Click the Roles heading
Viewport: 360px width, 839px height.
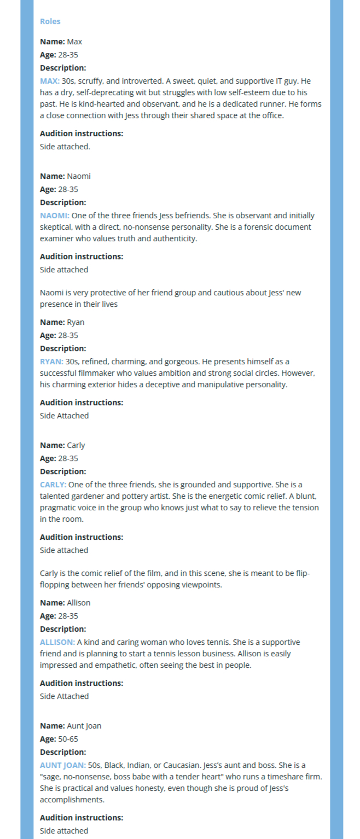pyautogui.click(x=50, y=21)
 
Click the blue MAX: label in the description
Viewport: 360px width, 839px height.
pyautogui.click(x=50, y=81)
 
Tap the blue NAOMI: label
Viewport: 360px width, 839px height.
pyautogui.click(x=55, y=215)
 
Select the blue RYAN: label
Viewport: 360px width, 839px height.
pyautogui.click(x=51, y=362)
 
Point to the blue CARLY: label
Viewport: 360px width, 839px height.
pyautogui.click(x=53, y=485)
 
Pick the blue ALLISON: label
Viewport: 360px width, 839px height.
pyautogui.click(x=57, y=642)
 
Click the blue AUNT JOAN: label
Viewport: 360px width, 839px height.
pyautogui.click(x=63, y=765)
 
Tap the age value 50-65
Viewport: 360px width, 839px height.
pyautogui.click(x=68, y=739)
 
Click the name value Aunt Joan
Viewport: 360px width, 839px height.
pyautogui.click(x=84, y=726)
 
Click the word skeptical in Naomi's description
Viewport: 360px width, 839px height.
pyautogui.click(x=55, y=227)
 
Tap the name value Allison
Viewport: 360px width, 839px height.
pyautogui.click(x=79, y=603)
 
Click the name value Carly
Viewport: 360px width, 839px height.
pyautogui.click(x=76, y=445)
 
